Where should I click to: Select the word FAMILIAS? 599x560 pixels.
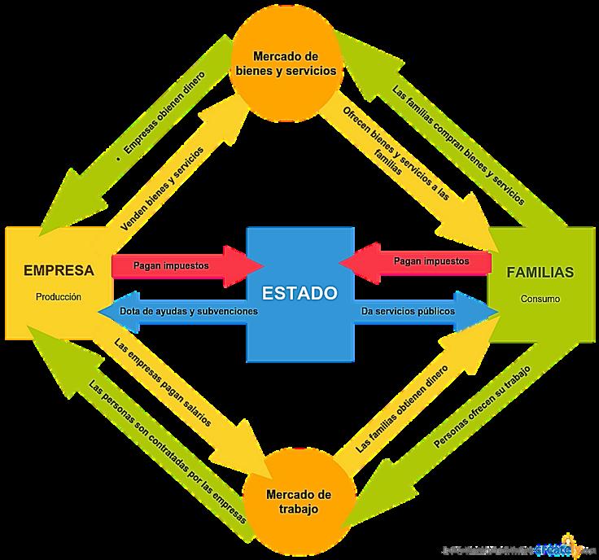pos(540,272)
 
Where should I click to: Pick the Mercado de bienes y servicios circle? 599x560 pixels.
pos(284,63)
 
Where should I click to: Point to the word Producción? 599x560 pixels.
pos(59,297)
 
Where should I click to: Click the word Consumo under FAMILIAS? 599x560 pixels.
pos(540,299)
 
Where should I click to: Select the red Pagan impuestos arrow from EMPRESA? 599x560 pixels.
pos(183,265)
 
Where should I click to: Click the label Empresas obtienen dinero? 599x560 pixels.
pos(164,116)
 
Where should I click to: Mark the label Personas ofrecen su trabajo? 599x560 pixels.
pos(482,406)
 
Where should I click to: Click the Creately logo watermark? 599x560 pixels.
pos(562,547)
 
